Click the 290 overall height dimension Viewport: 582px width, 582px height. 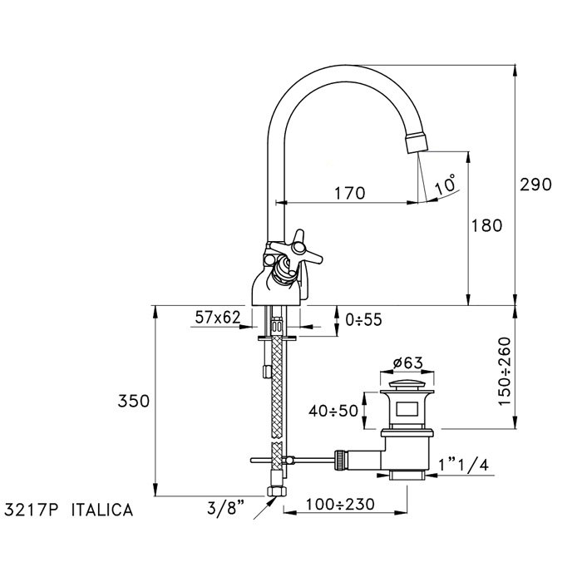pos(536,184)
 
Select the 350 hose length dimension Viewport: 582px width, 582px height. pos(133,401)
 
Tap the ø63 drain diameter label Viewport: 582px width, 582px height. pos(408,363)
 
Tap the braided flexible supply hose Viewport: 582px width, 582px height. pos(280,399)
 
